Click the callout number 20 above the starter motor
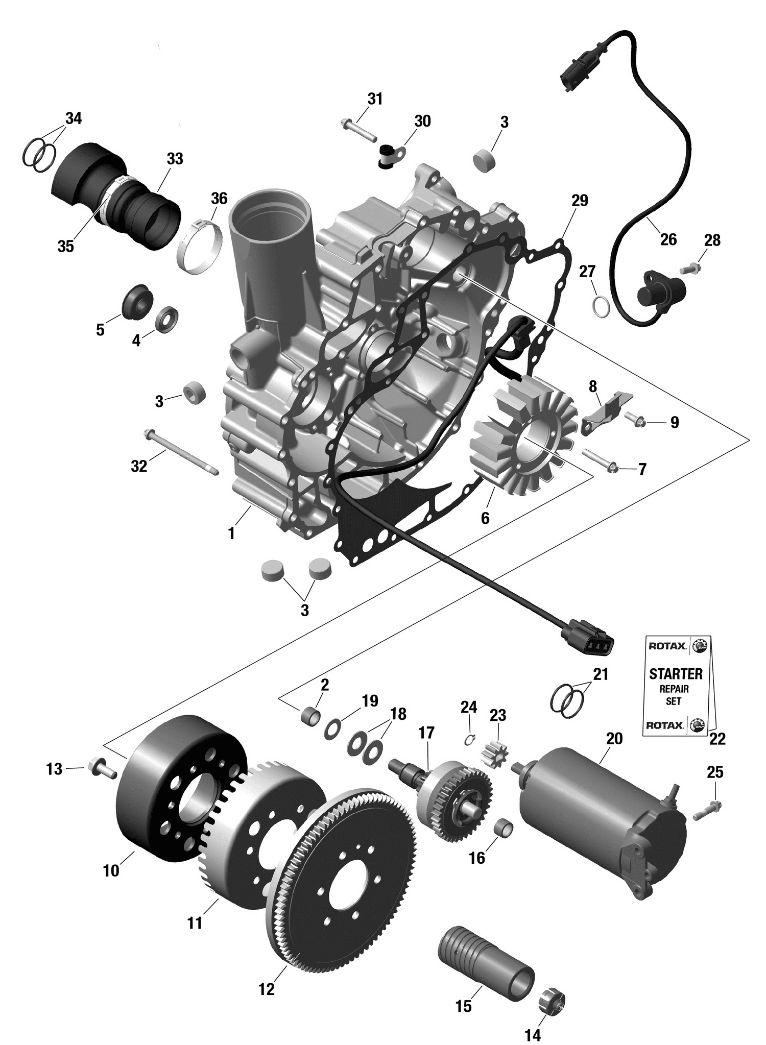click(x=614, y=739)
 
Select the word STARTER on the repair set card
click(x=676, y=673)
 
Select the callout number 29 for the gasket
click(x=580, y=201)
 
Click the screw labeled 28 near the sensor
click(x=689, y=267)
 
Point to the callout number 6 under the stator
click(x=485, y=518)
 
